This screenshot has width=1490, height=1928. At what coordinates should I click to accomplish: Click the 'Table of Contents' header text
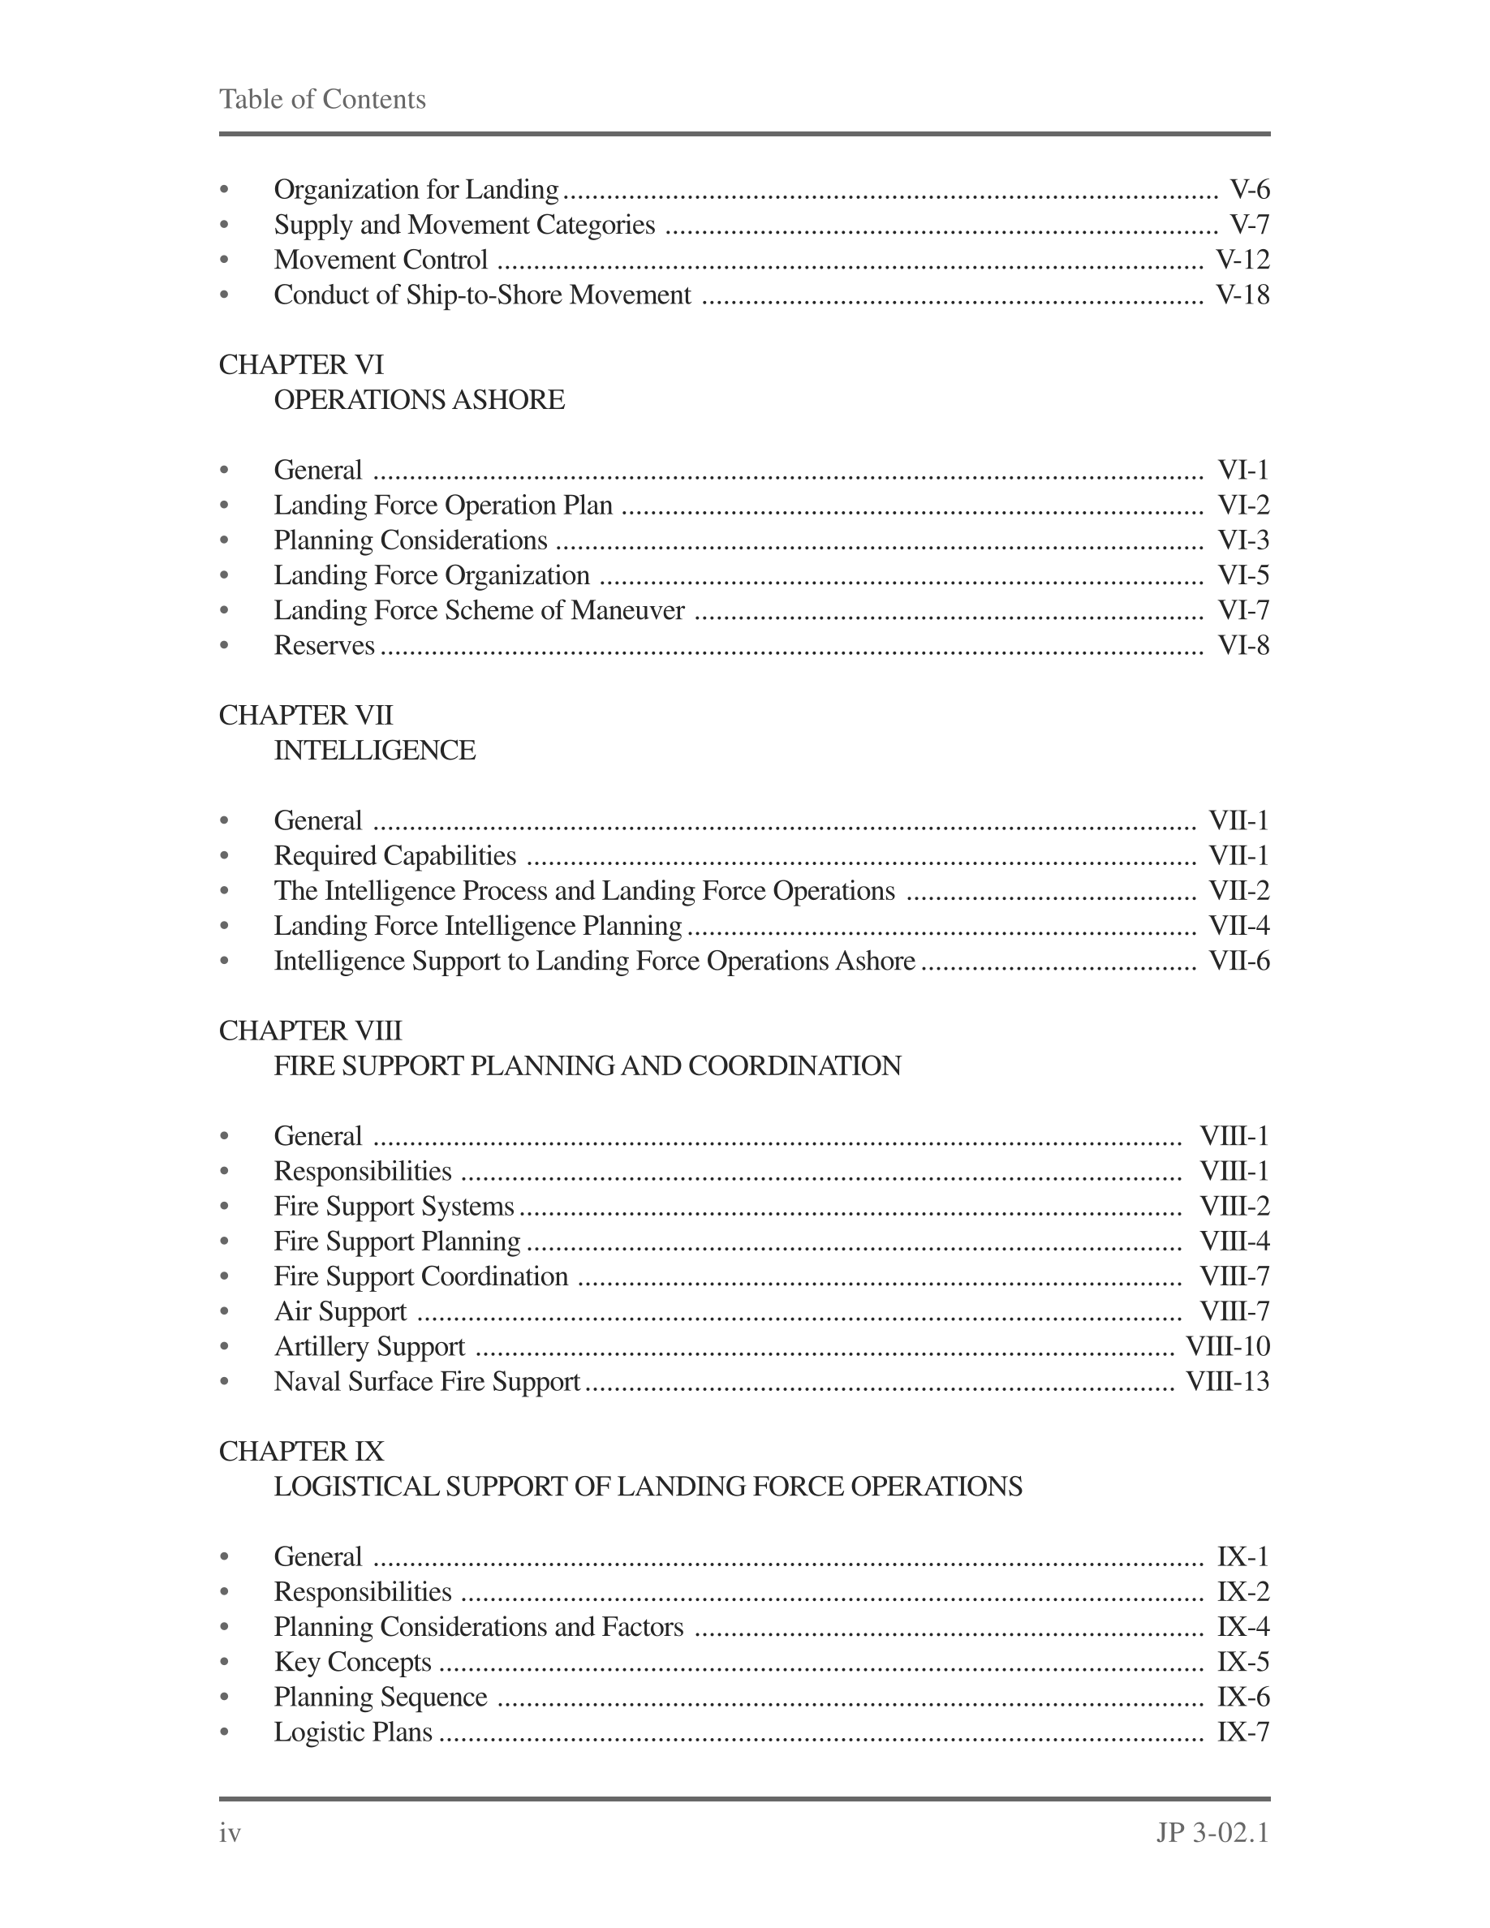(322, 99)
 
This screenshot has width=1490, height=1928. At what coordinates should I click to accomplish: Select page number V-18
(1242, 295)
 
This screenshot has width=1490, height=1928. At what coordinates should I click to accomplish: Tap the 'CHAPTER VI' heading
(301, 364)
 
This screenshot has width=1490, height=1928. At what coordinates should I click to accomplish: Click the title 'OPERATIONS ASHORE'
(419, 400)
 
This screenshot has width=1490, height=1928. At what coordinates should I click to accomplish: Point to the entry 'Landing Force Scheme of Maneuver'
(479, 610)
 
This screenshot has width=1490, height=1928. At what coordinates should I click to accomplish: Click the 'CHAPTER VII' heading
(305, 715)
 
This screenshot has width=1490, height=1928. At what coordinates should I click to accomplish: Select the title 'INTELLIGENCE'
(374, 751)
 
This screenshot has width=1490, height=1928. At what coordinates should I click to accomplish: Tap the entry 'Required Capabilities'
(394, 855)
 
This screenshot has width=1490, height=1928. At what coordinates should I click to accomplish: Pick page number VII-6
(1238, 961)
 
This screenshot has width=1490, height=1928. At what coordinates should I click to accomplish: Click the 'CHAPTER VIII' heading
(310, 1031)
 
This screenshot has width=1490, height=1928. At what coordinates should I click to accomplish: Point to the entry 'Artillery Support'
(369, 1346)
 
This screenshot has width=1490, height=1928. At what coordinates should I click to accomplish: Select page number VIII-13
(1227, 1382)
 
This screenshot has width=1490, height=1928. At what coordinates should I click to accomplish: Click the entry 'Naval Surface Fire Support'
(426, 1382)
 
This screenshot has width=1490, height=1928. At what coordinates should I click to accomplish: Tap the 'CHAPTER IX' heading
(301, 1452)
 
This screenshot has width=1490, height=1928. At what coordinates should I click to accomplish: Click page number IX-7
(1242, 1732)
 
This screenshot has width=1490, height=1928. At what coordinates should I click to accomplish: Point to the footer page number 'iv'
(230, 1834)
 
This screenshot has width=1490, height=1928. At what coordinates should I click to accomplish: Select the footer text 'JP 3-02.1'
(1212, 1834)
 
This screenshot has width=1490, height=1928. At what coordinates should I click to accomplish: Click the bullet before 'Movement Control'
(224, 260)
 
